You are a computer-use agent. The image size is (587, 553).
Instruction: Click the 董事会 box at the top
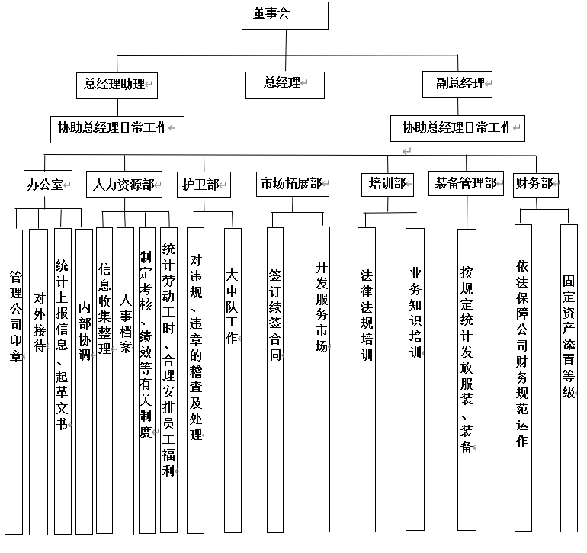coord(285,15)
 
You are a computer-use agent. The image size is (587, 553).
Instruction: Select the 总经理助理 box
coord(117,85)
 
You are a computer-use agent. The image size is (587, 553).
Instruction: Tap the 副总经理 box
coord(457,85)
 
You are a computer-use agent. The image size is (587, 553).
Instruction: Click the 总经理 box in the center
coord(285,85)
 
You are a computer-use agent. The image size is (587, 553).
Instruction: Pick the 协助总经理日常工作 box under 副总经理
coord(457,128)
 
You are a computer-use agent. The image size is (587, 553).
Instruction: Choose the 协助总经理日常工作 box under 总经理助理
coord(117,130)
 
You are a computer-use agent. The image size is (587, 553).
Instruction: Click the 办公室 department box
coord(48,183)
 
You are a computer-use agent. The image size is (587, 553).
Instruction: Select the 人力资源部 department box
coord(124,184)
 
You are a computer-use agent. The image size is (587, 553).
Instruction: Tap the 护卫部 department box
coord(204,185)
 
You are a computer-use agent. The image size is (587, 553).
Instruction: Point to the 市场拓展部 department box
coord(293,184)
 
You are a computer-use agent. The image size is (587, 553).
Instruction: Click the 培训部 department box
coord(387,185)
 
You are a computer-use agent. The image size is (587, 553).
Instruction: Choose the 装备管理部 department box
coord(466,184)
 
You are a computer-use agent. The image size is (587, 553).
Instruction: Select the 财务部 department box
coord(536,185)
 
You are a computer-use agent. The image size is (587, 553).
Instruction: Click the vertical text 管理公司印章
coord(16,317)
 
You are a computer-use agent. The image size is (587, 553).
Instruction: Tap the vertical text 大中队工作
coord(232,307)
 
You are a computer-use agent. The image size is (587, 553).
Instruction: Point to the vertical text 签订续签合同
coord(275,315)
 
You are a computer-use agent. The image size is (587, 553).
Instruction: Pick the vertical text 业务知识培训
coord(415,313)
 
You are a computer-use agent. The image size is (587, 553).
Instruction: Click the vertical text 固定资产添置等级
coord(569,337)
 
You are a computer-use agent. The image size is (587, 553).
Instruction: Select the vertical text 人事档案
coord(126,324)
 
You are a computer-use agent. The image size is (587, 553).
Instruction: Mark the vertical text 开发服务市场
coord(322,307)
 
